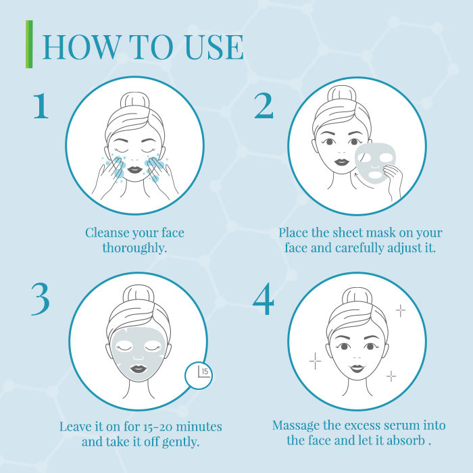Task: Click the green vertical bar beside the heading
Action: click(29, 44)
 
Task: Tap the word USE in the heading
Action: click(214, 47)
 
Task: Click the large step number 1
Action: click(41, 105)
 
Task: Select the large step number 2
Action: click(264, 105)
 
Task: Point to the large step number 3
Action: click(41, 299)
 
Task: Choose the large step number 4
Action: click(264, 299)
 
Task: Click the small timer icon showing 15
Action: click(199, 375)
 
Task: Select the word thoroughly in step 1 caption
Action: click(134, 248)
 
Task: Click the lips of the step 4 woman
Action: click(357, 368)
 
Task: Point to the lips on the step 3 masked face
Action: click(139, 369)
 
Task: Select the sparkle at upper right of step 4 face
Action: click(400, 310)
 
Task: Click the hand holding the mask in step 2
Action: click(393, 181)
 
